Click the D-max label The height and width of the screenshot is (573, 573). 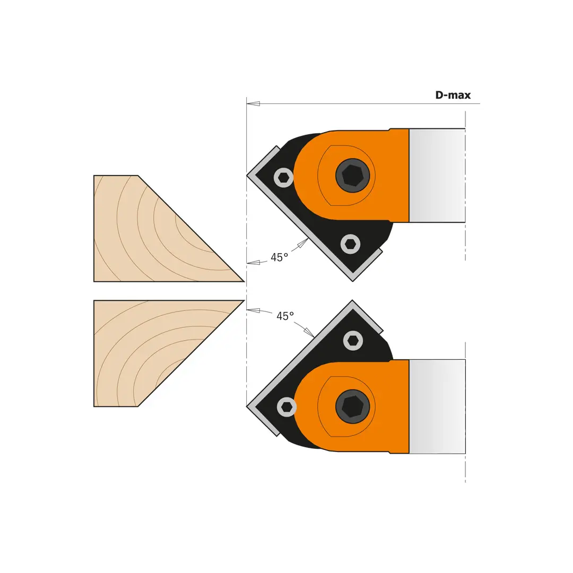453,95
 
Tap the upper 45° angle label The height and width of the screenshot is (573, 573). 279,257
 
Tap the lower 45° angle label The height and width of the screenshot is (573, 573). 285,316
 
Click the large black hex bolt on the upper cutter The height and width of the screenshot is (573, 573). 353,176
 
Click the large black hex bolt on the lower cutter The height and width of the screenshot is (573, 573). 353,406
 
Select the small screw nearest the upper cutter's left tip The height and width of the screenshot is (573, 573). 283,178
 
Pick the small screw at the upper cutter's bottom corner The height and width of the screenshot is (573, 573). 351,244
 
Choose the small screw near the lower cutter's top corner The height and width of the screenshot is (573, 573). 353,341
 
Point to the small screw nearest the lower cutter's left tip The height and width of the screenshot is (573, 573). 286,407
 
